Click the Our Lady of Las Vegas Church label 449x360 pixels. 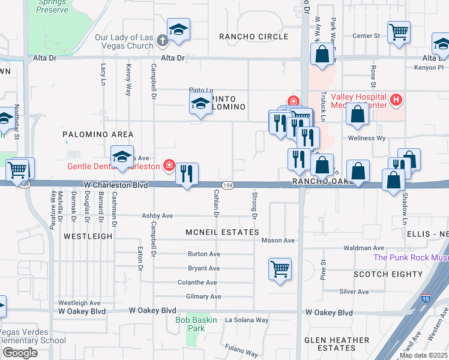[x=124, y=41]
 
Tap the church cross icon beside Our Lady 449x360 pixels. [x=161, y=41]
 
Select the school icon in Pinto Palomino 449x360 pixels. [x=200, y=104]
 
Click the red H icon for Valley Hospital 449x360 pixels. [x=396, y=100]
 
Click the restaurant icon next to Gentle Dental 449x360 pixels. [x=187, y=174]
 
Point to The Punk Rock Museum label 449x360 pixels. [x=411, y=257]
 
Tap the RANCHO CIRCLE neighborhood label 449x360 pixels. [x=253, y=37]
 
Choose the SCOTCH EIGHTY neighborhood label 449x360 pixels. [x=388, y=274]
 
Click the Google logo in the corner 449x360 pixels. [x=20, y=353]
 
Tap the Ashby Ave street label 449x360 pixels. [x=157, y=215]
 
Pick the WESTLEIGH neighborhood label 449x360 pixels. [x=88, y=236]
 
